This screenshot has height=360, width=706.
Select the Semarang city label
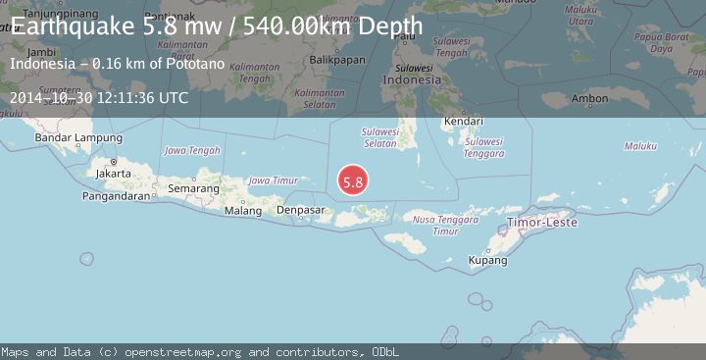coord(193,187)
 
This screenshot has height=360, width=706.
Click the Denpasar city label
coord(301,210)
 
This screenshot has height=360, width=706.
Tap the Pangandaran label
coord(117,195)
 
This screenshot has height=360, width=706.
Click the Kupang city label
coord(487,261)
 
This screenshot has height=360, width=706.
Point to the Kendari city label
coord(463,122)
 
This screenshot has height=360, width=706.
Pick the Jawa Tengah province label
coord(191,150)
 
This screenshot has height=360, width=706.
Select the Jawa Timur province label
coord(273,180)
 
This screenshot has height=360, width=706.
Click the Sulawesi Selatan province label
coord(379,136)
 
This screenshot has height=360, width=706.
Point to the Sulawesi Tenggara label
coord(483,146)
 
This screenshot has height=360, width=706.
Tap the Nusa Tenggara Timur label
coord(433,225)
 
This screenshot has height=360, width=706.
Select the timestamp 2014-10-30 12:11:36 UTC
coord(100,98)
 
